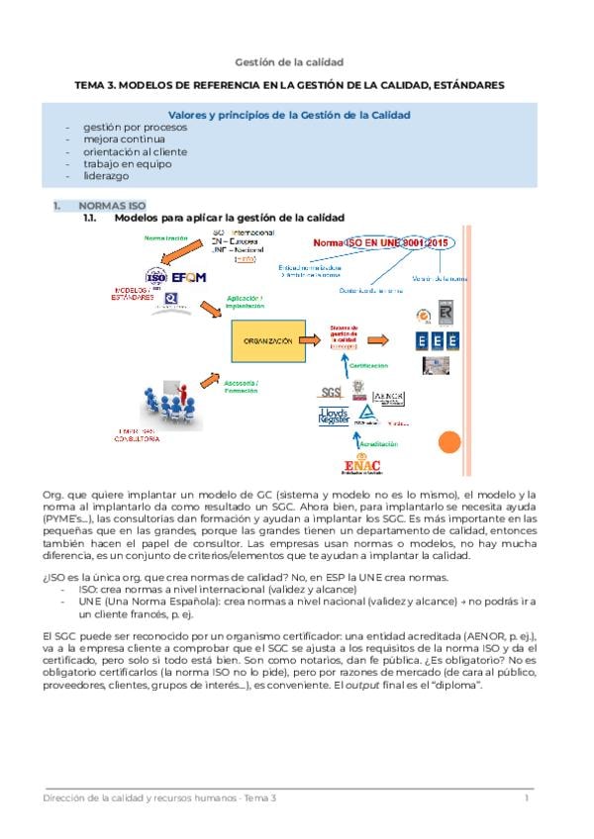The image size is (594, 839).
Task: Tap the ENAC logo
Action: [363, 465]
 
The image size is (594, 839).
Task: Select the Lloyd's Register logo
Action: [335, 416]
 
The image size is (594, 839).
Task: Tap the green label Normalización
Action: [166, 238]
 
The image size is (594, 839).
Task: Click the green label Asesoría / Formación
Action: [243, 386]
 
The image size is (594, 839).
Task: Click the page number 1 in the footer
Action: [528, 797]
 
